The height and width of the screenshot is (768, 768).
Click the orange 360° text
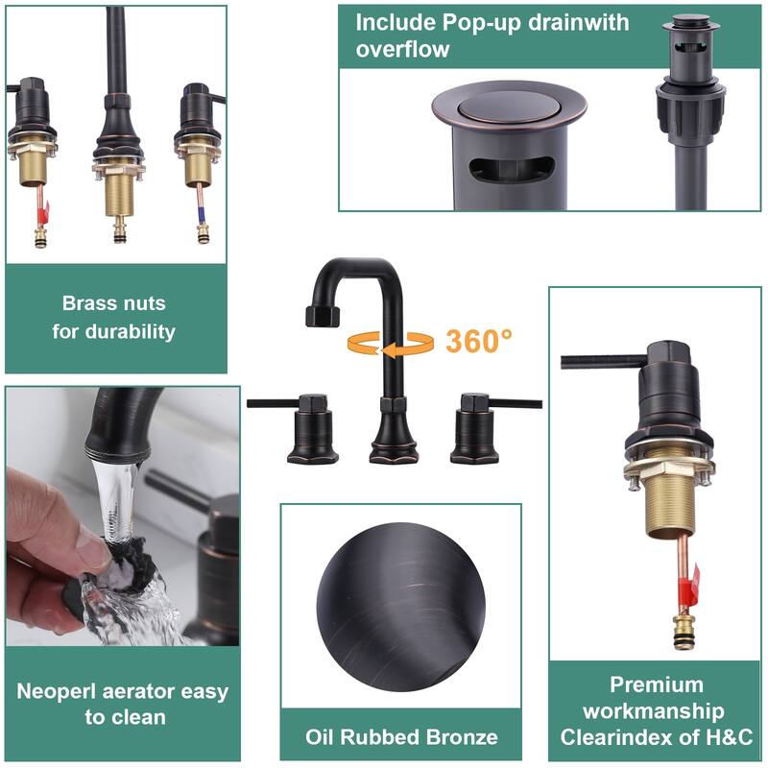pos(479,341)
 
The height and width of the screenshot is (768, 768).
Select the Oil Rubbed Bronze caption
pos(401,737)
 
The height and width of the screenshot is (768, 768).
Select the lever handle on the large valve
pos(595,362)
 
